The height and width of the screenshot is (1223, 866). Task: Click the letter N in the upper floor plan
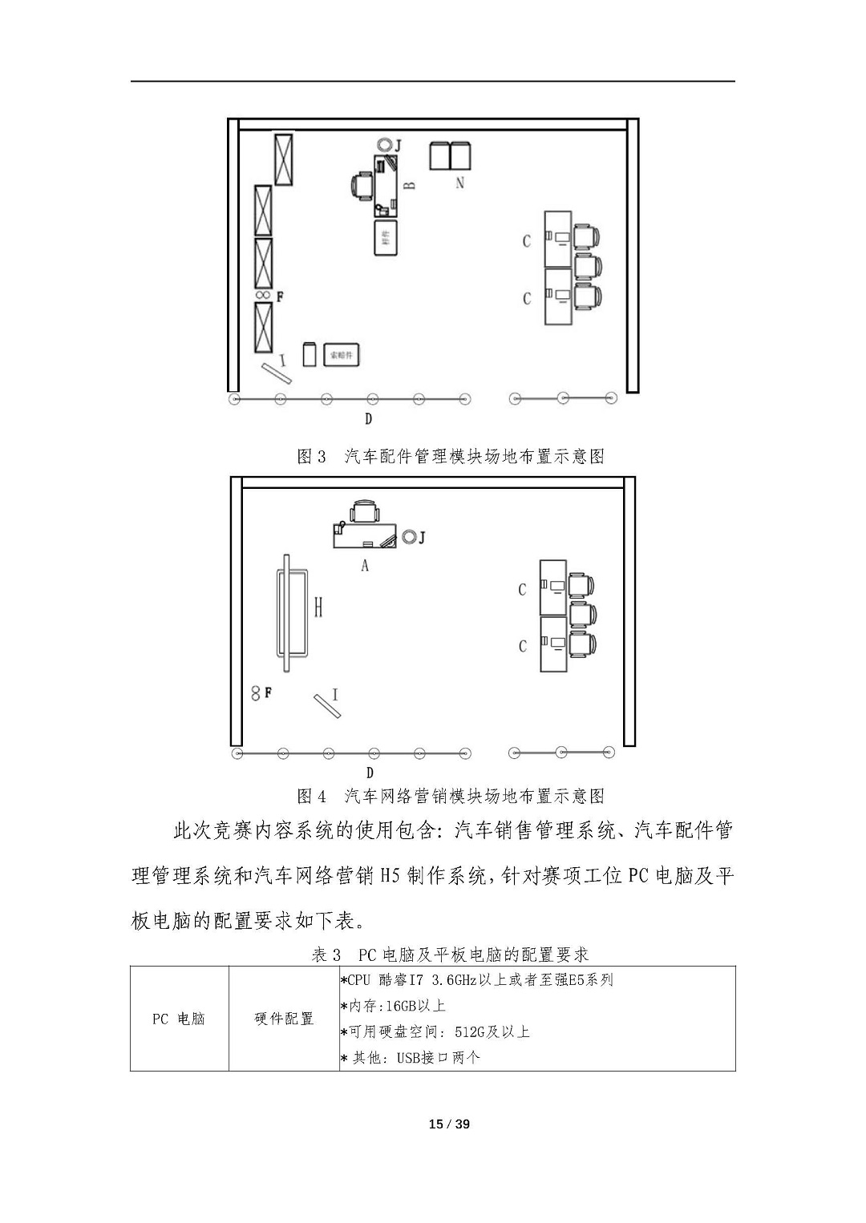459,183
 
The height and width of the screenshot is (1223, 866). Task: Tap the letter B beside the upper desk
409,185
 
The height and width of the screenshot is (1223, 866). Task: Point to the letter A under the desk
365,566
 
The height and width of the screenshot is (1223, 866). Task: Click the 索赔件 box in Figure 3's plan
342,354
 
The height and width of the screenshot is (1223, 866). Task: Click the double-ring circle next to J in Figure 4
409,536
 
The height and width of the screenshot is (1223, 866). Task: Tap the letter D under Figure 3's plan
368,418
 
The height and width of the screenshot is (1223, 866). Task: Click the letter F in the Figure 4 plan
268,692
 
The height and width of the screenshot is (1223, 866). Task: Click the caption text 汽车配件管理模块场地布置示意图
474,457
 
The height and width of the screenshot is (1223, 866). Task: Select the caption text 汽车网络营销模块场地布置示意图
474,796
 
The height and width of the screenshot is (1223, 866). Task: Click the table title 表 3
326,955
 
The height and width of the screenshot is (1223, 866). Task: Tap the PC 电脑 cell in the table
179,1019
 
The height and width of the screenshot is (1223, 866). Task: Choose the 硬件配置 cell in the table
284,1019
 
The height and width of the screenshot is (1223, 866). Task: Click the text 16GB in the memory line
392,1006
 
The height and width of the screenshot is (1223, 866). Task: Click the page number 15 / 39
449,1124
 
